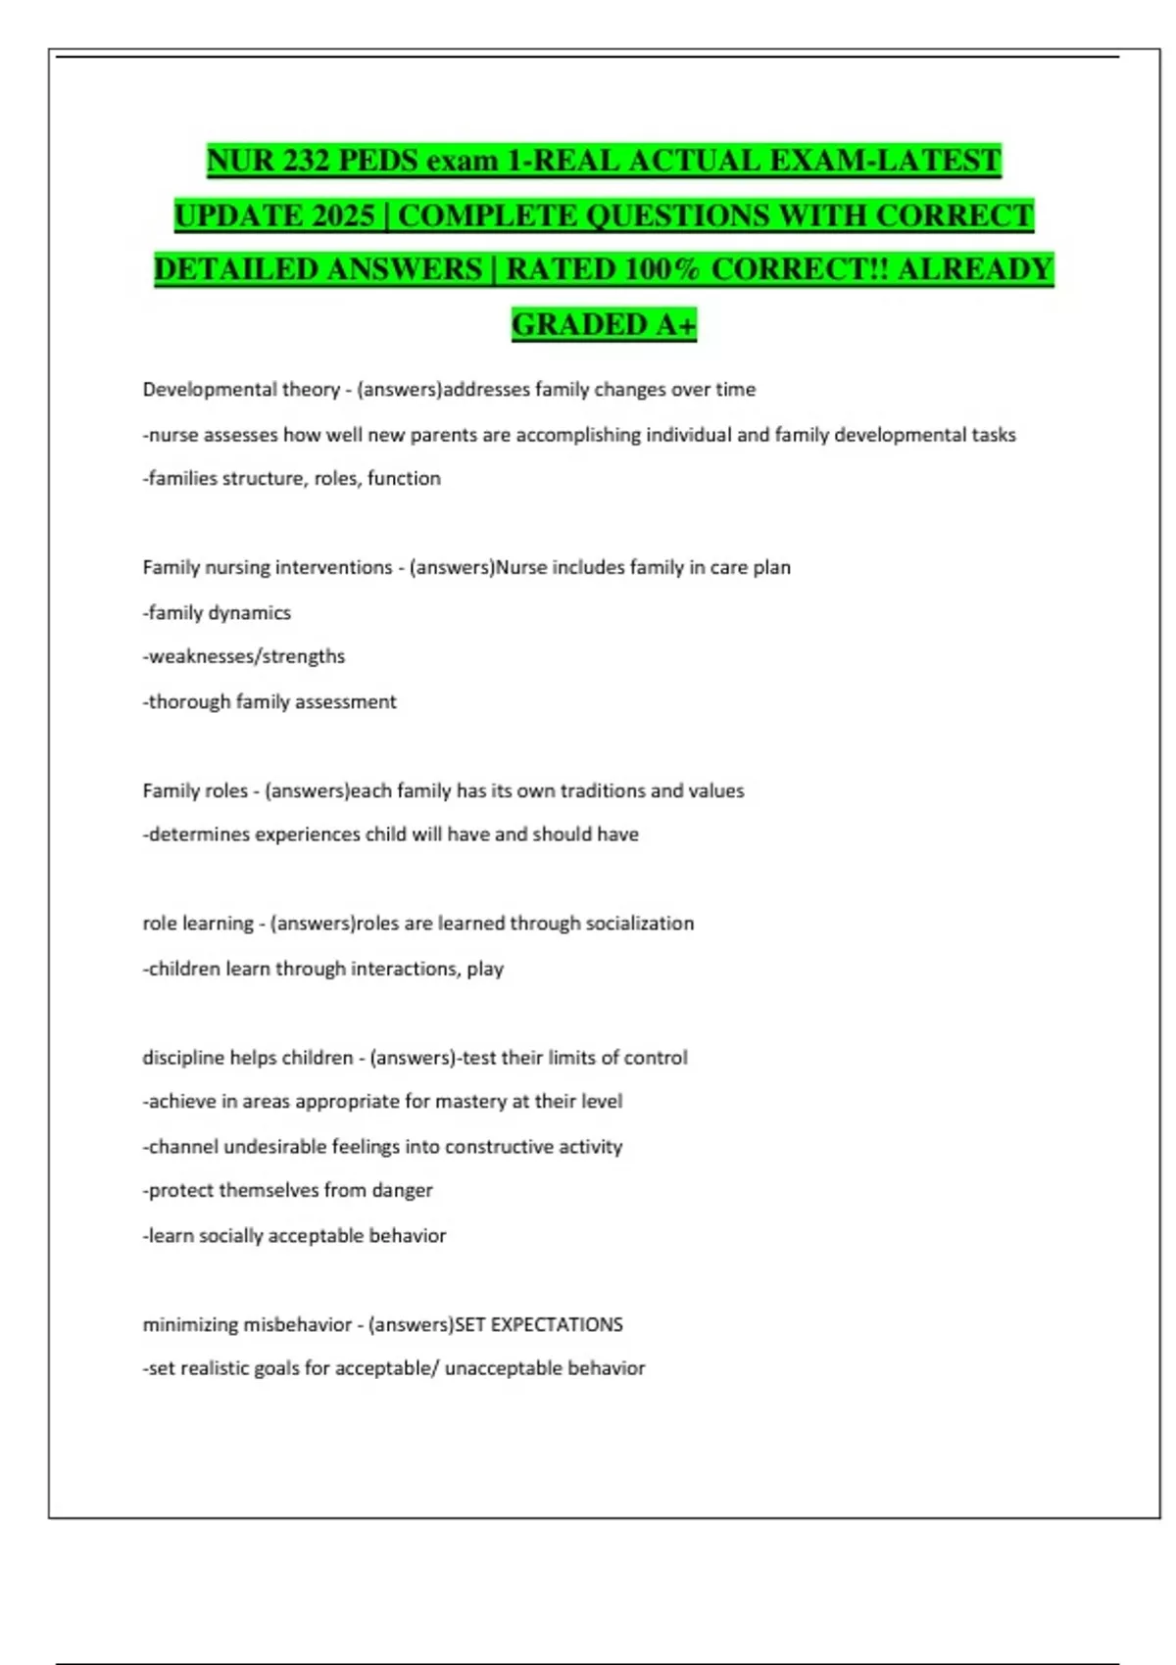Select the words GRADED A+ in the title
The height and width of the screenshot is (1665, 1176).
604,324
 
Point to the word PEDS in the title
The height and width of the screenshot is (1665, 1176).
378,161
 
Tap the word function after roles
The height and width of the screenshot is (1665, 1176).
404,479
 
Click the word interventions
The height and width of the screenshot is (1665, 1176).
334,568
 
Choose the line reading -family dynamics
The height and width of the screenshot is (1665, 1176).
217,613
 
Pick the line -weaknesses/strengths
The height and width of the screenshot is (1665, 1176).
244,656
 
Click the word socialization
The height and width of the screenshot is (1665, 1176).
639,924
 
